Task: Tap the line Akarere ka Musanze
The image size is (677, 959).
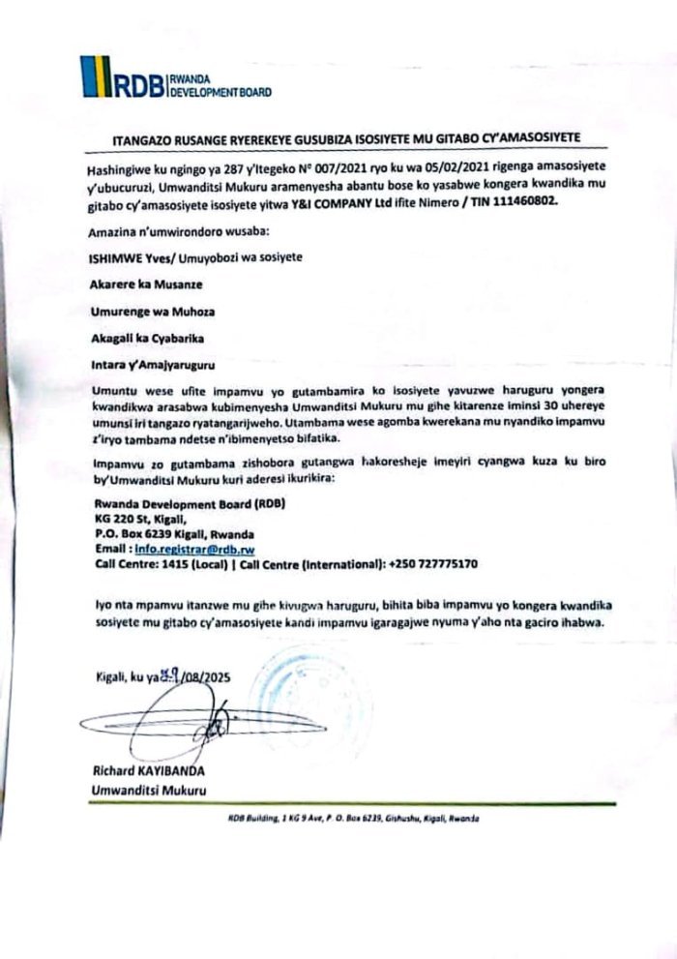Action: pyautogui.click(x=140, y=285)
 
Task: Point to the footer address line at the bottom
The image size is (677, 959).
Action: pyautogui.click(x=353, y=818)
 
